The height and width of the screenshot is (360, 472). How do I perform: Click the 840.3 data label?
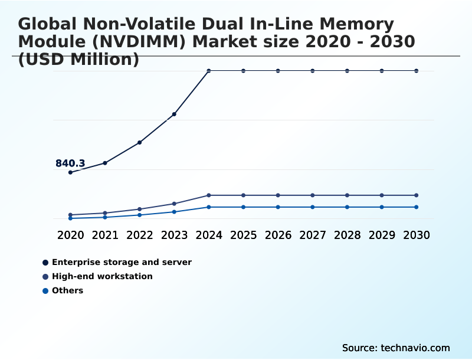pos(70,163)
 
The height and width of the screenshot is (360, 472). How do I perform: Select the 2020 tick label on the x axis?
pos(70,235)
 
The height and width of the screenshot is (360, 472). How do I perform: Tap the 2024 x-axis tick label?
pos(209,235)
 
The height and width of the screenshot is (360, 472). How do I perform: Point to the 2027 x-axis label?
pos(313,235)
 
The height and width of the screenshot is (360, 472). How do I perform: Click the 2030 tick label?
pos(417,235)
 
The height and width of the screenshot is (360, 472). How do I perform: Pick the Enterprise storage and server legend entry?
pos(122,262)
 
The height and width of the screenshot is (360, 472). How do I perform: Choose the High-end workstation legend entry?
pos(102,276)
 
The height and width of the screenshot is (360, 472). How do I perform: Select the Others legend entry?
pos(67,290)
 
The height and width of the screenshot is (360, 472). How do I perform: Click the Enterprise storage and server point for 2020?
pos(70,172)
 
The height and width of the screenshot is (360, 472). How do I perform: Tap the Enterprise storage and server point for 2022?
pos(140,142)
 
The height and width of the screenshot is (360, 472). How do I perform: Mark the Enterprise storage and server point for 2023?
pos(174,114)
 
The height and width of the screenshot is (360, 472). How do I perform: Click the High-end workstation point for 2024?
pos(209,195)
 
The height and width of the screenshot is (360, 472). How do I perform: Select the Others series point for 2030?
pos(417,207)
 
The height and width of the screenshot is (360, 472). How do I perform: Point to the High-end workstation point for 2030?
pos(417,195)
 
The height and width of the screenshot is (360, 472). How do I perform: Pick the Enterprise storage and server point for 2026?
pos(278,71)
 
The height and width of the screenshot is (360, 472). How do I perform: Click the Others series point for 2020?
pos(70,218)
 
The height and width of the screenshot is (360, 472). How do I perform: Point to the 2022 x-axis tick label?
pos(140,235)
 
